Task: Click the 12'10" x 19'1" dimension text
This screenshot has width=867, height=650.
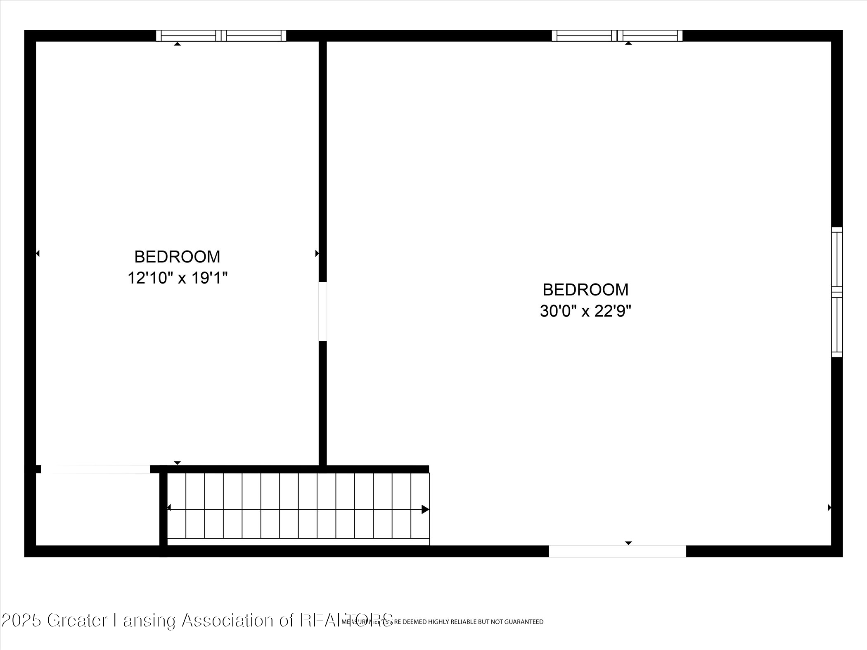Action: [178, 278]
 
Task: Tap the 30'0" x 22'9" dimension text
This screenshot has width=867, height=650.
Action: [585, 311]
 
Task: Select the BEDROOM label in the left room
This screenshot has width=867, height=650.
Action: [178, 257]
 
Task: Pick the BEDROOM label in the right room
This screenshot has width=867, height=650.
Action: [585, 290]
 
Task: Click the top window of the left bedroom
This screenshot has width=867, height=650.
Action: [221, 35]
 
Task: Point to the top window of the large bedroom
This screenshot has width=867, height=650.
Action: [617, 35]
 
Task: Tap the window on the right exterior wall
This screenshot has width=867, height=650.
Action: [837, 292]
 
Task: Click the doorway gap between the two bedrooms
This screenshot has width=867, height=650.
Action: [323, 312]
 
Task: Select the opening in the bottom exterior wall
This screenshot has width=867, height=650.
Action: [617, 551]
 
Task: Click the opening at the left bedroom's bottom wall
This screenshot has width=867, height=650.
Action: [96, 469]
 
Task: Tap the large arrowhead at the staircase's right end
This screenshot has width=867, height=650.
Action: [425, 510]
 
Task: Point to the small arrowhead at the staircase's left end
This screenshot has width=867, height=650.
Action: [169, 508]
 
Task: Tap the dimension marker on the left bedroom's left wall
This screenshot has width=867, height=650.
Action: [38, 253]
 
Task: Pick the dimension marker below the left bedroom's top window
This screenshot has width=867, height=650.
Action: [178, 44]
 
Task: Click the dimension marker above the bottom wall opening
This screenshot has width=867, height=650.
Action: [628, 543]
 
